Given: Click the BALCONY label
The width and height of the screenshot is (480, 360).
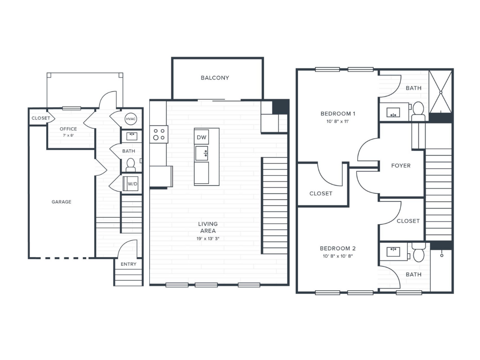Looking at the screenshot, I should (x=215, y=78).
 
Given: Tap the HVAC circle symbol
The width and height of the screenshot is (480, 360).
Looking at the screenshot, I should (x=131, y=118).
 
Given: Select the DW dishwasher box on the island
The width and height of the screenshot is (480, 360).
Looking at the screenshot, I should (x=201, y=137).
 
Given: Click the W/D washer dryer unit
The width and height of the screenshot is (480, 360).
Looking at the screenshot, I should (x=132, y=184).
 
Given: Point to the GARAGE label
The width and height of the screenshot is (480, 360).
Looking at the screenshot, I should (x=62, y=202).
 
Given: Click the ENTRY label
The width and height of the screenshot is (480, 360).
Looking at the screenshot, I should (x=128, y=264).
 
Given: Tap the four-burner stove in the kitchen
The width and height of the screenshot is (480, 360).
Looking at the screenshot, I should (x=159, y=134).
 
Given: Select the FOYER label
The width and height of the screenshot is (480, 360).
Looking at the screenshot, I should (x=401, y=166).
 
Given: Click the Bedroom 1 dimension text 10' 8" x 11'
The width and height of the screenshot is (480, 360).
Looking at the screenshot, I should (x=337, y=122).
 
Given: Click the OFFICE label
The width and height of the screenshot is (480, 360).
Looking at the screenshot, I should (x=68, y=129).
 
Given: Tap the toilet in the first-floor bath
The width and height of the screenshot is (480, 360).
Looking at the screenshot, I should (x=131, y=165).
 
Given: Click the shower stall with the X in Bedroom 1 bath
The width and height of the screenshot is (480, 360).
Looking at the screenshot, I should (x=440, y=92).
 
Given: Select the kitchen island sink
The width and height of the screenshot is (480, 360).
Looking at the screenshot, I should (x=201, y=153).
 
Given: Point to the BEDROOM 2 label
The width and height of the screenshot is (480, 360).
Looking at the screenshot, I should (x=338, y=248).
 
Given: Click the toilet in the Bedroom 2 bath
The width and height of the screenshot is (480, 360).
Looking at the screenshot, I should (x=418, y=254).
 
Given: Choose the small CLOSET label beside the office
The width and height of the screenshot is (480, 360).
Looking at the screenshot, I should (x=41, y=118).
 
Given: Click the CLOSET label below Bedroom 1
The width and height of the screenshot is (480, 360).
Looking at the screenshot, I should (x=321, y=194).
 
